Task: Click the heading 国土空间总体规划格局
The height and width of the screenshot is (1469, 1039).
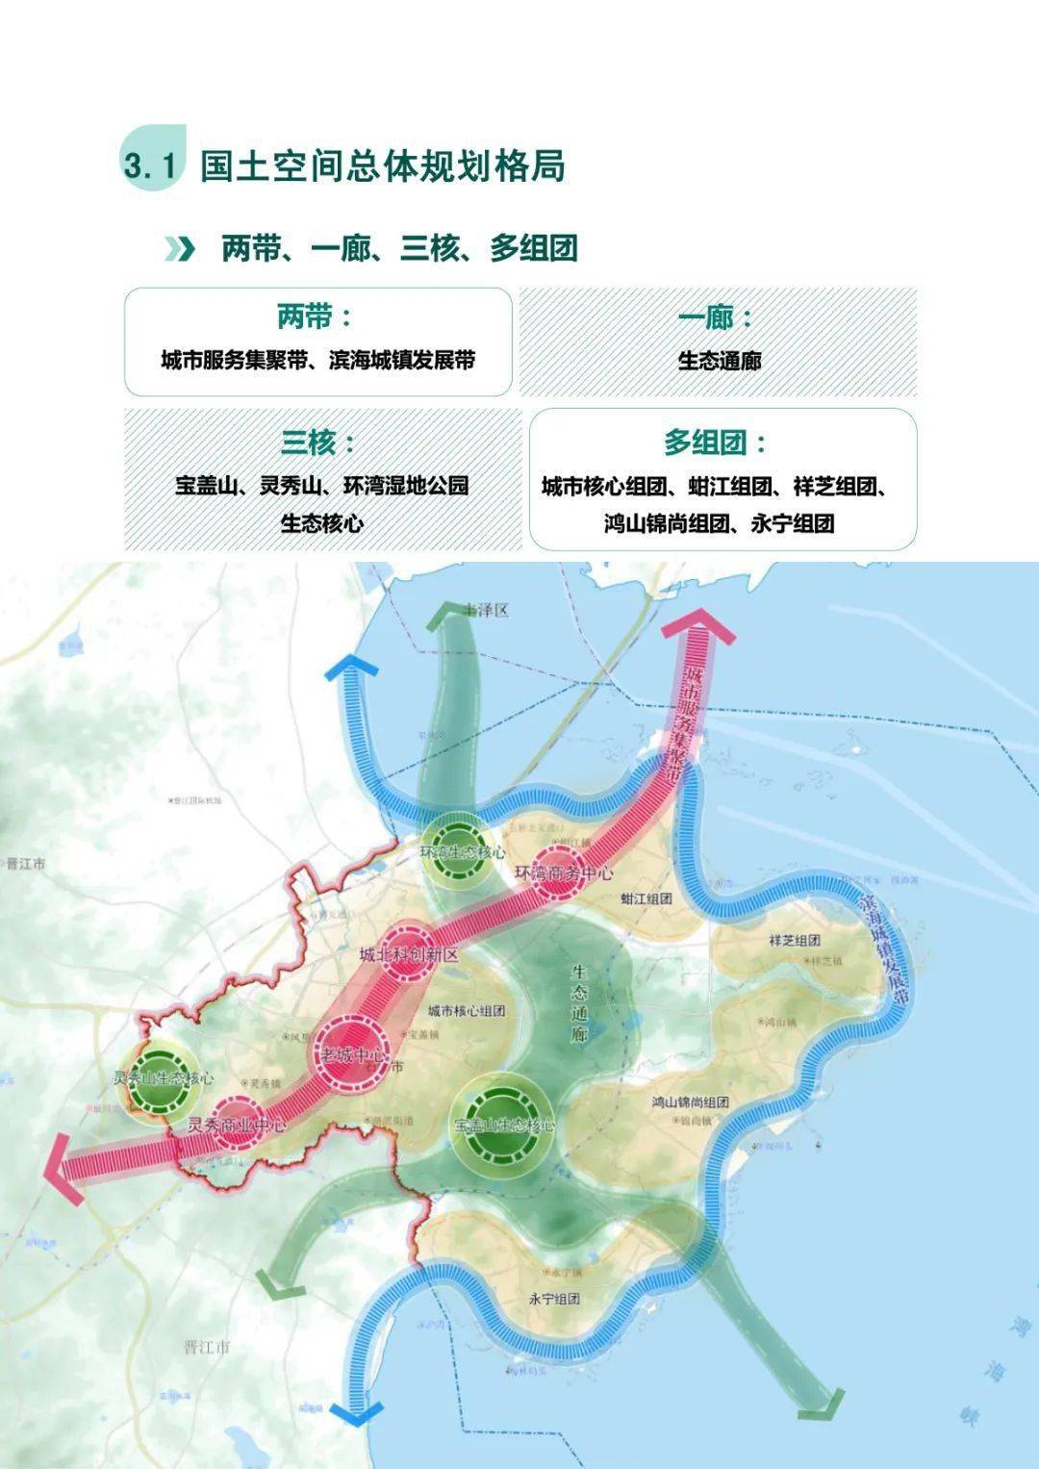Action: [382, 165]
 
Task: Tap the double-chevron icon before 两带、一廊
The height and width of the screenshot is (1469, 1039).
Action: [179, 248]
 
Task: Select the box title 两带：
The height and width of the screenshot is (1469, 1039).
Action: [315, 317]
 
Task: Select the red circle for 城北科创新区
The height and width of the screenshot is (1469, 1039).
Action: [409, 950]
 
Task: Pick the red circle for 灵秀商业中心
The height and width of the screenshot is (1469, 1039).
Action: [237, 1123]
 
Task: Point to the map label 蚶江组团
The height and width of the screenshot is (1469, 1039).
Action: [646, 899]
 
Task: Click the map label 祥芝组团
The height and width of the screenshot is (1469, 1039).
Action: [795, 940]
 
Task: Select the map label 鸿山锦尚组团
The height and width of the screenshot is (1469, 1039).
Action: [690, 1102]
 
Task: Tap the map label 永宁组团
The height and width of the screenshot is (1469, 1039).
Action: [554, 1298]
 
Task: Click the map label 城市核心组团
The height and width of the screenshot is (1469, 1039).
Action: [467, 1011]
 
